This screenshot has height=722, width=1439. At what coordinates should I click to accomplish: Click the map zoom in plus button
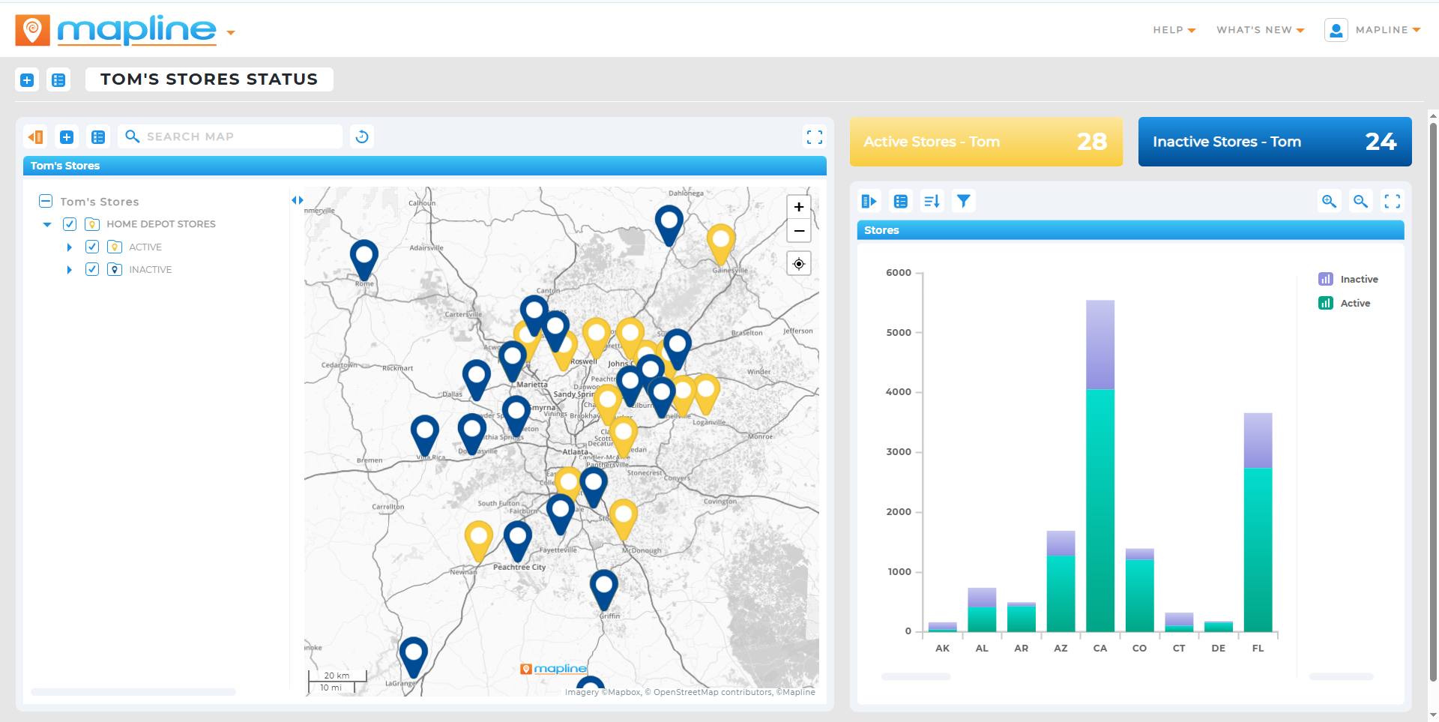point(799,207)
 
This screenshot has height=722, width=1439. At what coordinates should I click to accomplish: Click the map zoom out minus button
point(799,231)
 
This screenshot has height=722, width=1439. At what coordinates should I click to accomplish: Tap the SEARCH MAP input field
point(232,136)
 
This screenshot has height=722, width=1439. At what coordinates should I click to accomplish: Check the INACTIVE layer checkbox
point(92,269)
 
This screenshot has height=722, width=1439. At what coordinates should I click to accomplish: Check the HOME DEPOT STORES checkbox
point(70,224)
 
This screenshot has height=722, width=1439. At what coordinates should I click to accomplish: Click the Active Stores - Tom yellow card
point(986,142)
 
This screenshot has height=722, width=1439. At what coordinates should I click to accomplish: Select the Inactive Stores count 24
point(1380,142)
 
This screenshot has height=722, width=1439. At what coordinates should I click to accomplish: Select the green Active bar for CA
point(1099,510)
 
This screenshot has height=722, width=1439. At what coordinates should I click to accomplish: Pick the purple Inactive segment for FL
point(1258,440)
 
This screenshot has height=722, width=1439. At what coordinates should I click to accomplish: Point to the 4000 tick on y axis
point(899,392)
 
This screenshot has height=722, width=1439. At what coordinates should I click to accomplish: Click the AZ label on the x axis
point(1061,649)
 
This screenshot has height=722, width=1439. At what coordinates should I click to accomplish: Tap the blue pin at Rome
point(364,256)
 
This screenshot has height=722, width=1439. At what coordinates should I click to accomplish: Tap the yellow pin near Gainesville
point(721,241)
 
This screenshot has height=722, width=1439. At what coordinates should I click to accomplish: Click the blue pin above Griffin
point(603,586)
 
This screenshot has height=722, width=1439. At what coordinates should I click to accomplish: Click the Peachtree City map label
point(519,568)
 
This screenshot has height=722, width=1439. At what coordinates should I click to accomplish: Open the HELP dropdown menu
point(1174,30)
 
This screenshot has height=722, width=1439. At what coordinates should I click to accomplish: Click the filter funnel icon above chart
point(963,201)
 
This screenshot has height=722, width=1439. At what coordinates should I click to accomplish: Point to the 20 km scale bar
point(337,676)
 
